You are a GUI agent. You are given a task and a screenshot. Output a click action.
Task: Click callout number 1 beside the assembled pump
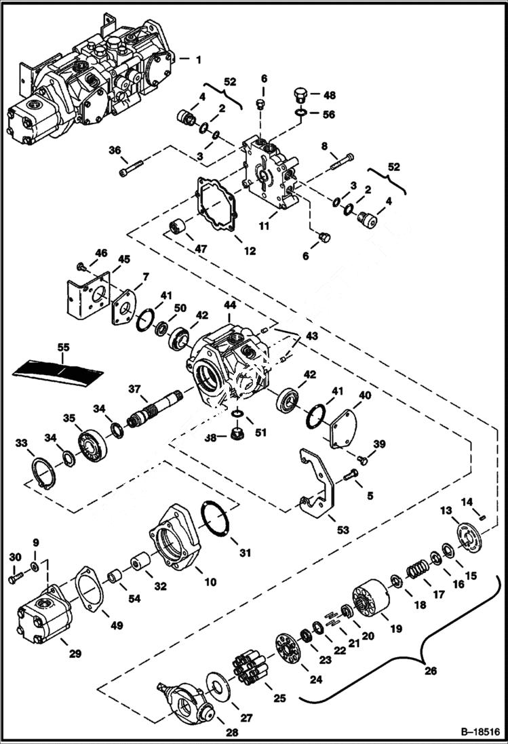[x=199, y=60]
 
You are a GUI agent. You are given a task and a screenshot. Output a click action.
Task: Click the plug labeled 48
[x=301, y=94]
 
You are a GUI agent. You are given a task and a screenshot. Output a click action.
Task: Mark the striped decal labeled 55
[x=59, y=369]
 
